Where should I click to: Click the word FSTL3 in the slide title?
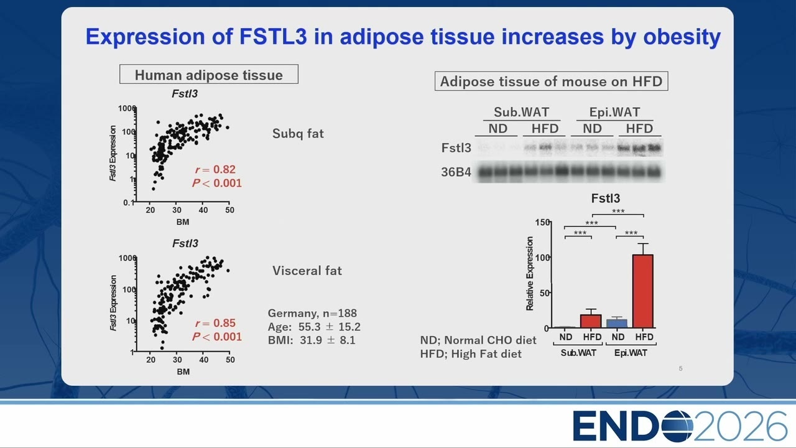(273, 37)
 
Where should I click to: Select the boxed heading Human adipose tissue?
(209, 74)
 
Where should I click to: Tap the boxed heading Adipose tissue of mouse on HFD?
(551, 81)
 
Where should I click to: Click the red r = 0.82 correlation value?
(215, 170)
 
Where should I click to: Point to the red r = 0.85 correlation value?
(215, 323)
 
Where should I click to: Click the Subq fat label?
(298, 134)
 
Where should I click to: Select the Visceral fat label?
(307, 271)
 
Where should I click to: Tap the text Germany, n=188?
(312, 313)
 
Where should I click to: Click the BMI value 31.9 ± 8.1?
(327, 340)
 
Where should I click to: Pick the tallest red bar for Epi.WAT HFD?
(643, 291)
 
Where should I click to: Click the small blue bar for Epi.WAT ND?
(617, 324)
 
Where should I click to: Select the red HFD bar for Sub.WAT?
(591, 321)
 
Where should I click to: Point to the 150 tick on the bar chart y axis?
(543, 222)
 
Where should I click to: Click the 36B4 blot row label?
(456, 172)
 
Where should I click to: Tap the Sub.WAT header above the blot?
(521, 112)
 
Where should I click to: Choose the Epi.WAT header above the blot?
(615, 112)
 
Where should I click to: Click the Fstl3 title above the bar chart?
(606, 198)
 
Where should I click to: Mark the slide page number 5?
(680, 368)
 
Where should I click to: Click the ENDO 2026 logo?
(680, 426)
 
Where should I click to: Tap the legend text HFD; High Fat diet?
(471, 354)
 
